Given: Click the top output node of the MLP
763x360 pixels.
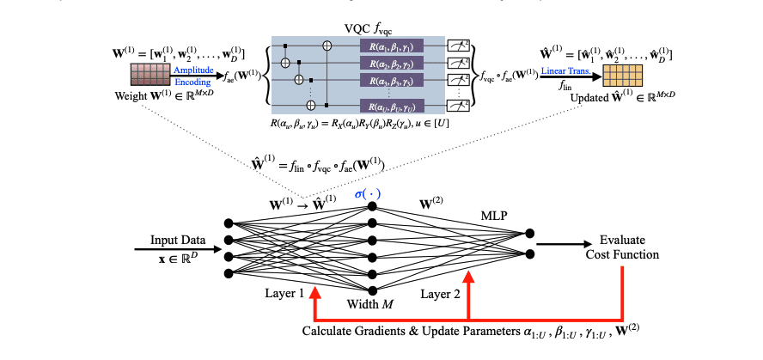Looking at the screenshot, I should click(530, 233).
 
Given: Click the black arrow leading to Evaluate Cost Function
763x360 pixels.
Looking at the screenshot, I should click(567, 243).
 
